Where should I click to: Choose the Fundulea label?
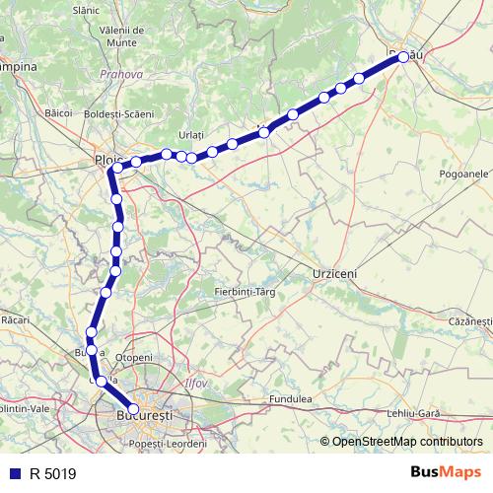tap(292, 399)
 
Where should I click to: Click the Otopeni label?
tap(134, 357)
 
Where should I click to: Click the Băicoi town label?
tap(59, 112)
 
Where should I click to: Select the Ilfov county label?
tap(197, 382)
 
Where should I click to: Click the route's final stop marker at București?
tap(134, 409)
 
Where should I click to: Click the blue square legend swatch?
tap(15, 473)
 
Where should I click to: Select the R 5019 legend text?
tap(52, 473)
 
